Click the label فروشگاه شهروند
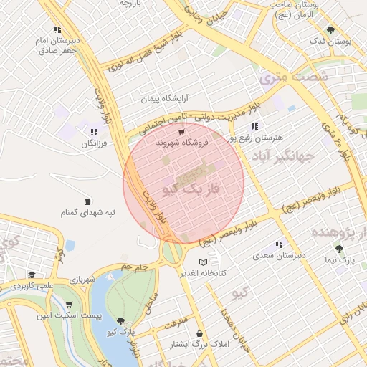pos(181,143)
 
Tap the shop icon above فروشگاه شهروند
pos(181,131)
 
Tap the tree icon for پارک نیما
pos(339,249)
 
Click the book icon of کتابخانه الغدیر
pos(203,262)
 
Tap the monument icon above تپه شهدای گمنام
pos(88,201)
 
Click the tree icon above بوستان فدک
pos(330,30)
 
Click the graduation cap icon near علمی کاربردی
pos(31,275)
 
